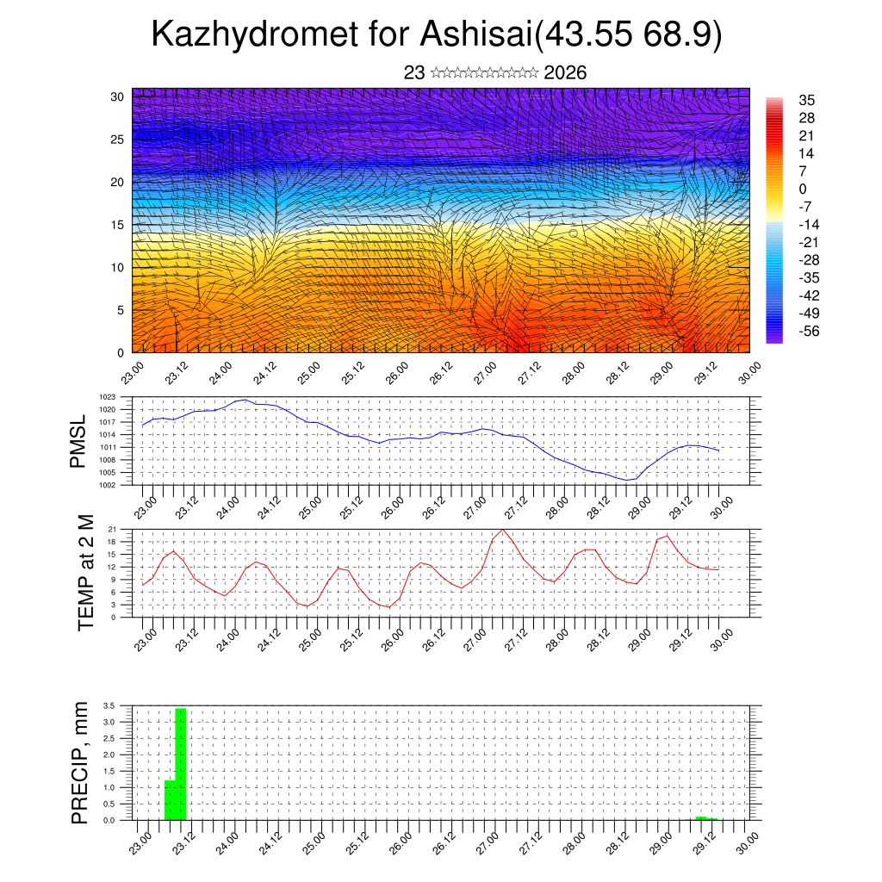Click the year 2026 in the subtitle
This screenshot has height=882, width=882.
click(x=565, y=73)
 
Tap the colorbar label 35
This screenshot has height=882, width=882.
click(x=807, y=100)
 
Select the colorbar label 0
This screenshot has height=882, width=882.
click(x=803, y=189)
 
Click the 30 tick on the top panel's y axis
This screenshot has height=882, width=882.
click(x=117, y=96)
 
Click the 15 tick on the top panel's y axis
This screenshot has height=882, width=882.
click(x=117, y=225)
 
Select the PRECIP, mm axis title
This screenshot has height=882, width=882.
click(x=80, y=761)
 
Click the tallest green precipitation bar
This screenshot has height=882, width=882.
click(x=181, y=764)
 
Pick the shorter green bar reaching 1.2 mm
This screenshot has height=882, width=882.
click(x=170, y=800)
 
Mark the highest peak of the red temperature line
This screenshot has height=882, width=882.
click(x=502, y=529)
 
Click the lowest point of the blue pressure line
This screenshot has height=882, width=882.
click(x=625, y=480)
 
